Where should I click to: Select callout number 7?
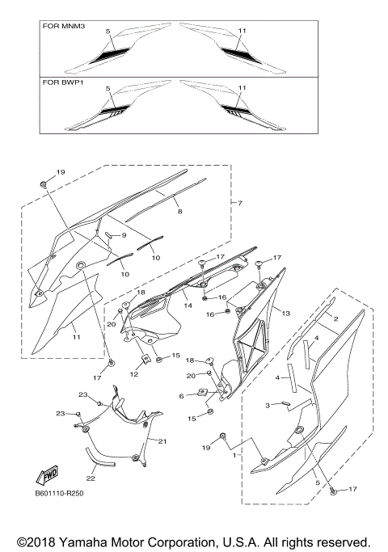tap(240, 201)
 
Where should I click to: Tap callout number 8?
tap(180, 211)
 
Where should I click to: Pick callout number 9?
tap(124, 235)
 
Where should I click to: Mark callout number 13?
tap(285, 312)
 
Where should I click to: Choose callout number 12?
tap(134, 373)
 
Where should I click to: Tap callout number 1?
tap(235, 455)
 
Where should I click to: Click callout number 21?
tap(162, 441)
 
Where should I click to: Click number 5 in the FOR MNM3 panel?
tap(107, 31)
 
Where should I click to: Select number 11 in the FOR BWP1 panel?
tap(241, 86)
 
